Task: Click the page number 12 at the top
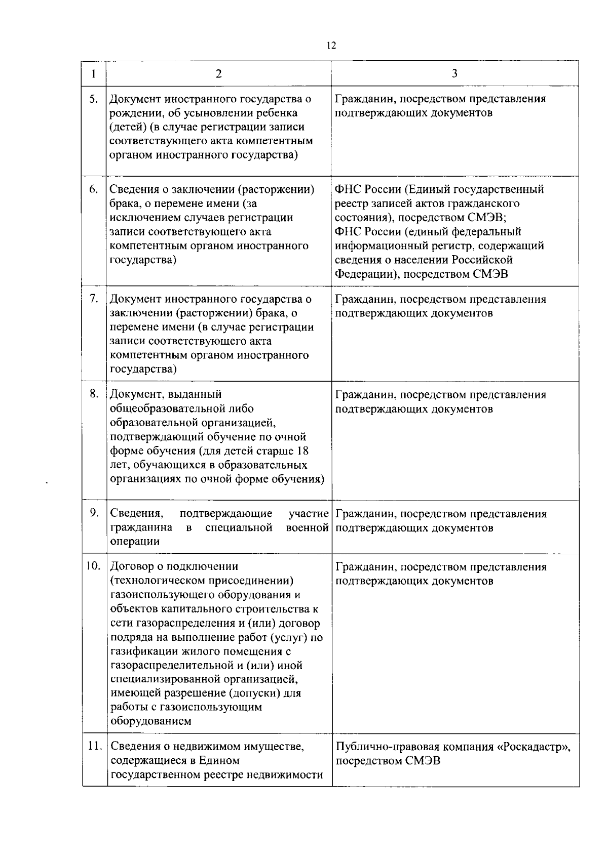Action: pos(331,46)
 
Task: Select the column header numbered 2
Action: pos(218,74)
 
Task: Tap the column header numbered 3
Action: pos(454,74)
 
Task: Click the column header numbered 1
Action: pos(94,74)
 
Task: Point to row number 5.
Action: pos(94,99)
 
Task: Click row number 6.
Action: pos(94,189)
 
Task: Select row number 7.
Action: pos(94,299)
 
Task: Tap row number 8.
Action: pos(94,394)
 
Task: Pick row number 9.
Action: pos(94,513)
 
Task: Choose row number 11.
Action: pos(94,746)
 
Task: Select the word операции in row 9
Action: pos(135,542)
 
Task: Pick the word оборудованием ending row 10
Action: pos(150,721)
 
